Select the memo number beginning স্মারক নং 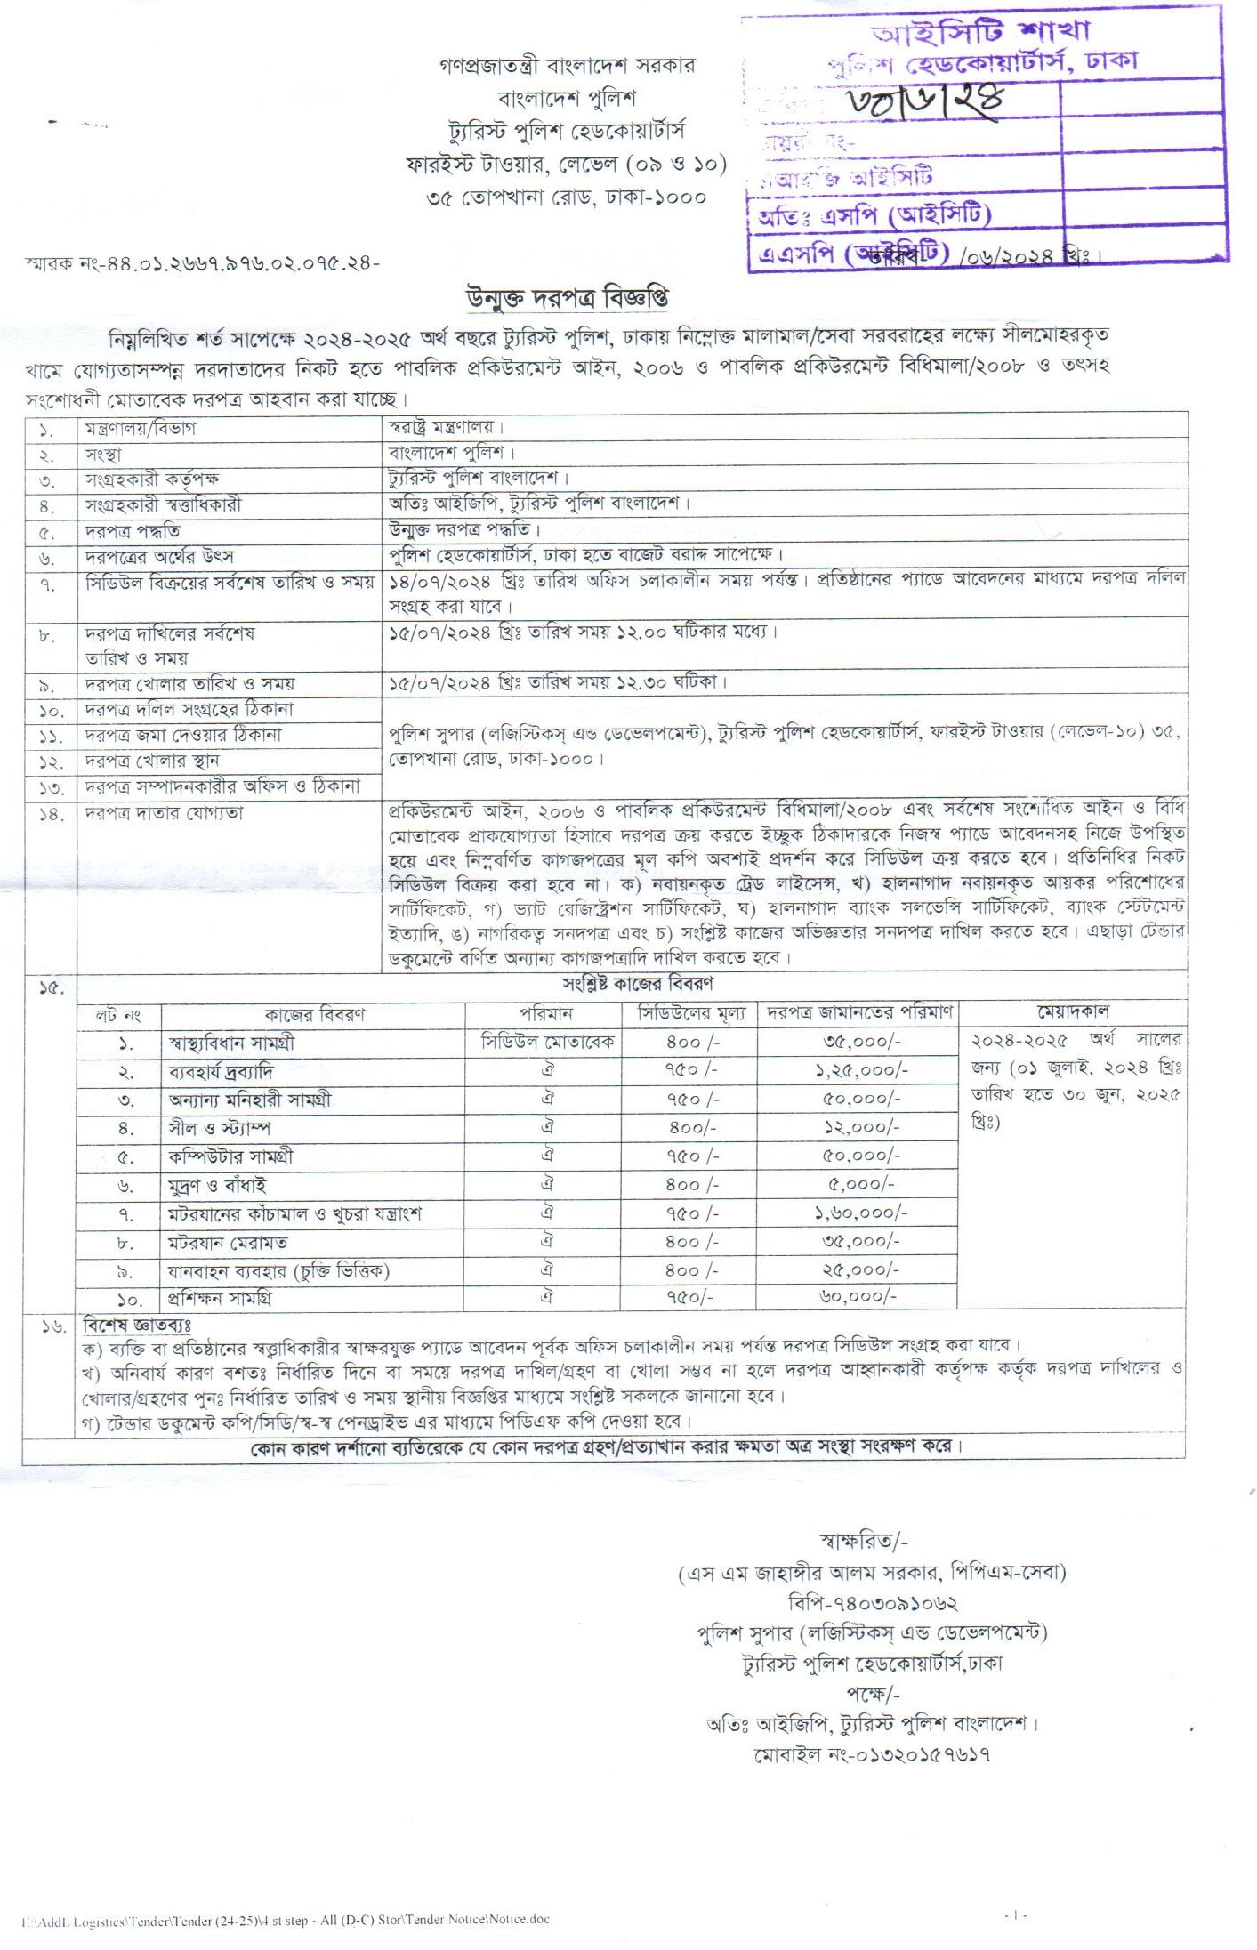[x=203, y=263]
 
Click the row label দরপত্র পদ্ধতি [x=133, y=532]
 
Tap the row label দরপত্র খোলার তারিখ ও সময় [x=189, y=684]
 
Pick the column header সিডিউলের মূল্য [x=692, y=1013]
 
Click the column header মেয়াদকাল [x=1072, y=1011]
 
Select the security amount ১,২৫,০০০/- [x=860, y=1070]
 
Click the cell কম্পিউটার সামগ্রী [x=230, y=1156]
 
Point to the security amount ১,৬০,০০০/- [x=860, y=1213]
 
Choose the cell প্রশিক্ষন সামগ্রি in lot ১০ [x=220, y=1298]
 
